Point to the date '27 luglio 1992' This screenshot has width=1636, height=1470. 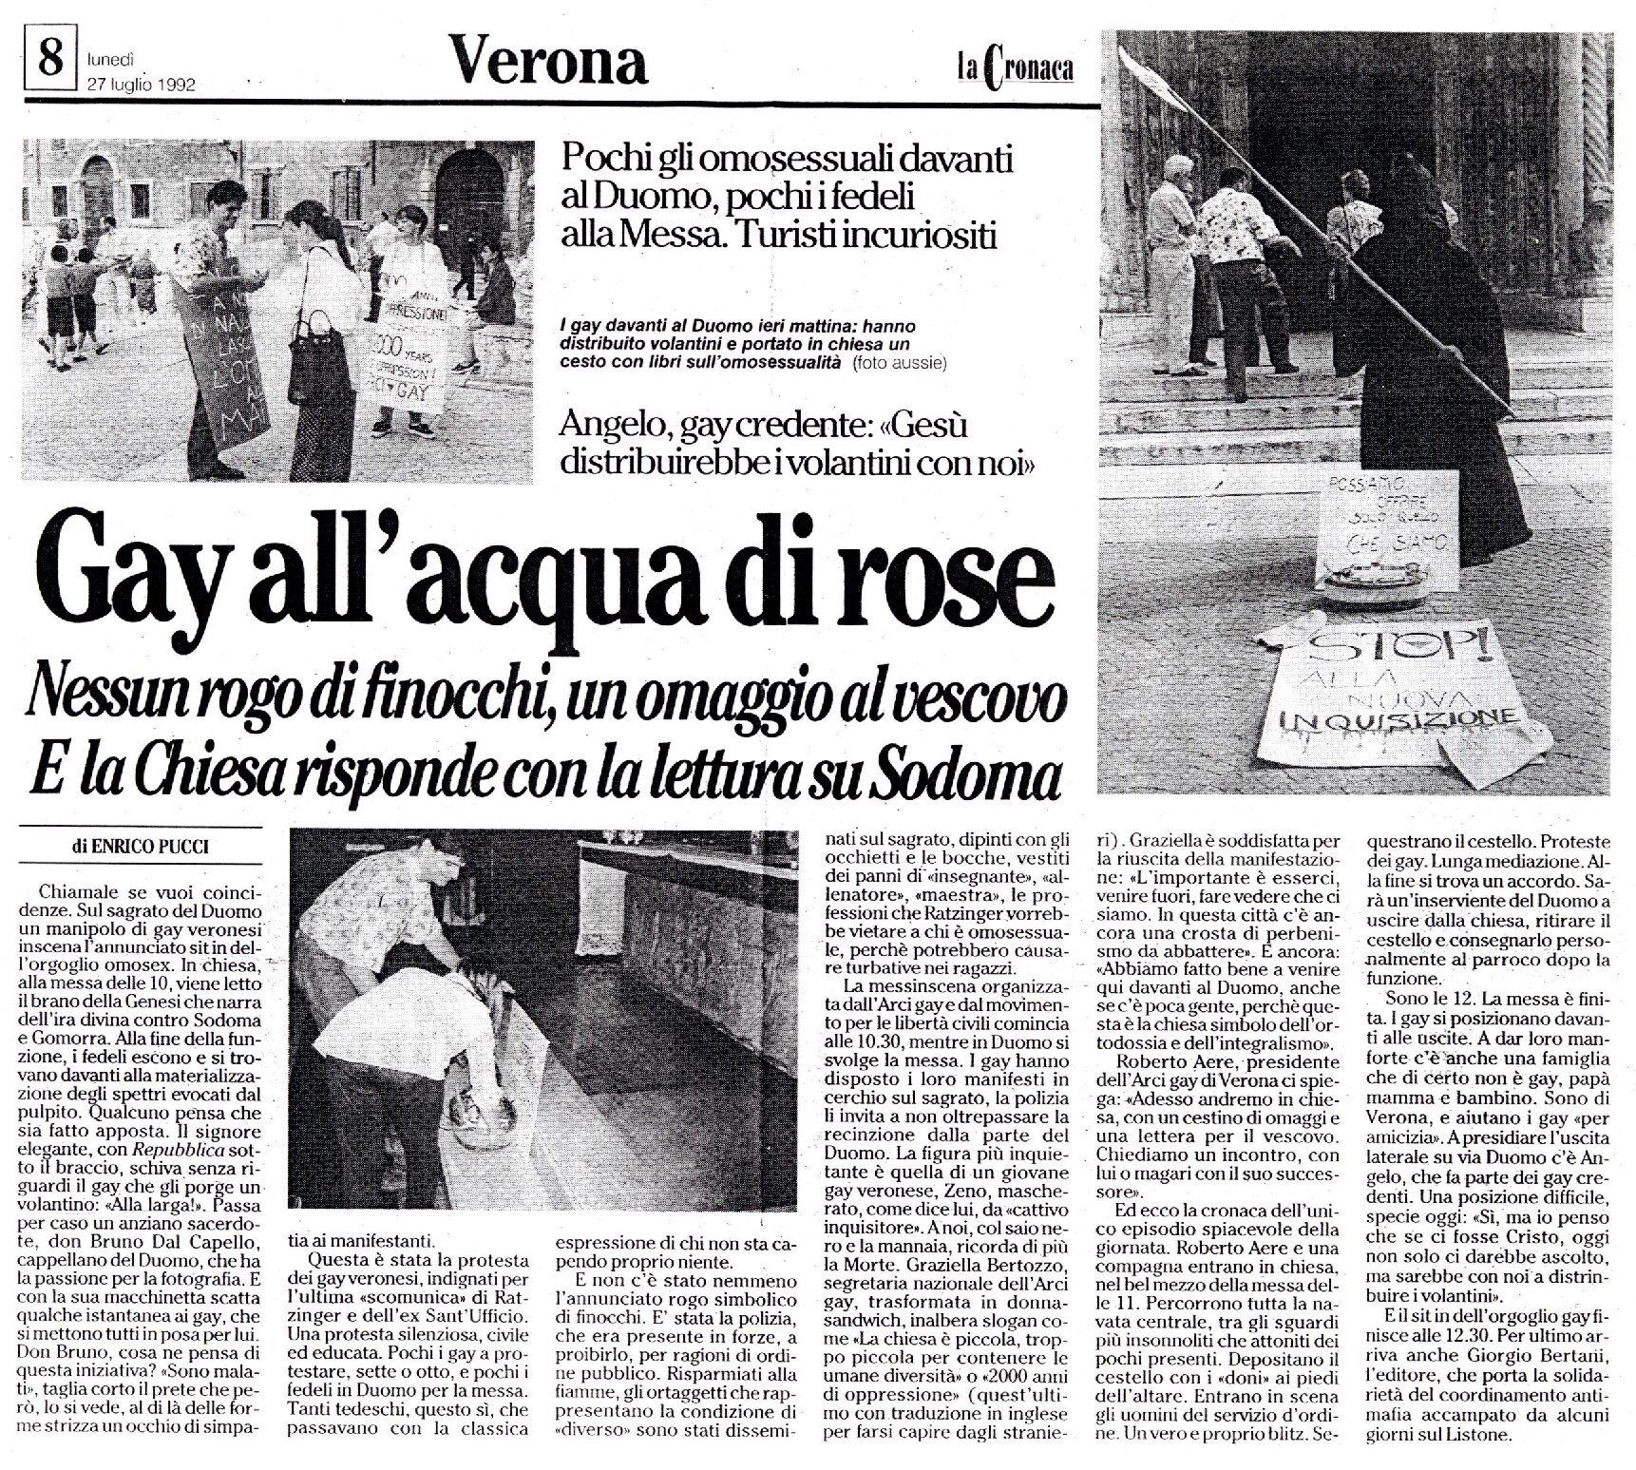point(141,83)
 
